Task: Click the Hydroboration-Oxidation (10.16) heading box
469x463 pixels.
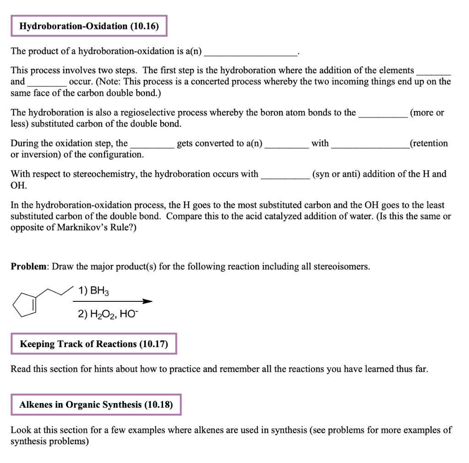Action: click(x=89, y=26)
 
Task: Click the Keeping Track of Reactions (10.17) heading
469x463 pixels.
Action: click(x=93, y=344)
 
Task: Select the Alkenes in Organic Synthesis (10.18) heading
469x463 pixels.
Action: click(x=96, y=405)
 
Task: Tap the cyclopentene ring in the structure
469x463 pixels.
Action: click(x=23, y=304)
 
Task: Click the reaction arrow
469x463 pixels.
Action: click(x=112, y=301)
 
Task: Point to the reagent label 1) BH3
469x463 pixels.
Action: click(x=94, y=291)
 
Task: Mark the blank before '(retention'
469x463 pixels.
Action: click(x=370, y=146)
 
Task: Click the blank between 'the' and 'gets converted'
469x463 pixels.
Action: click(x=152, y=146)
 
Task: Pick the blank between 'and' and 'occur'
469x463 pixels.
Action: click(x=47, y=84)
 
